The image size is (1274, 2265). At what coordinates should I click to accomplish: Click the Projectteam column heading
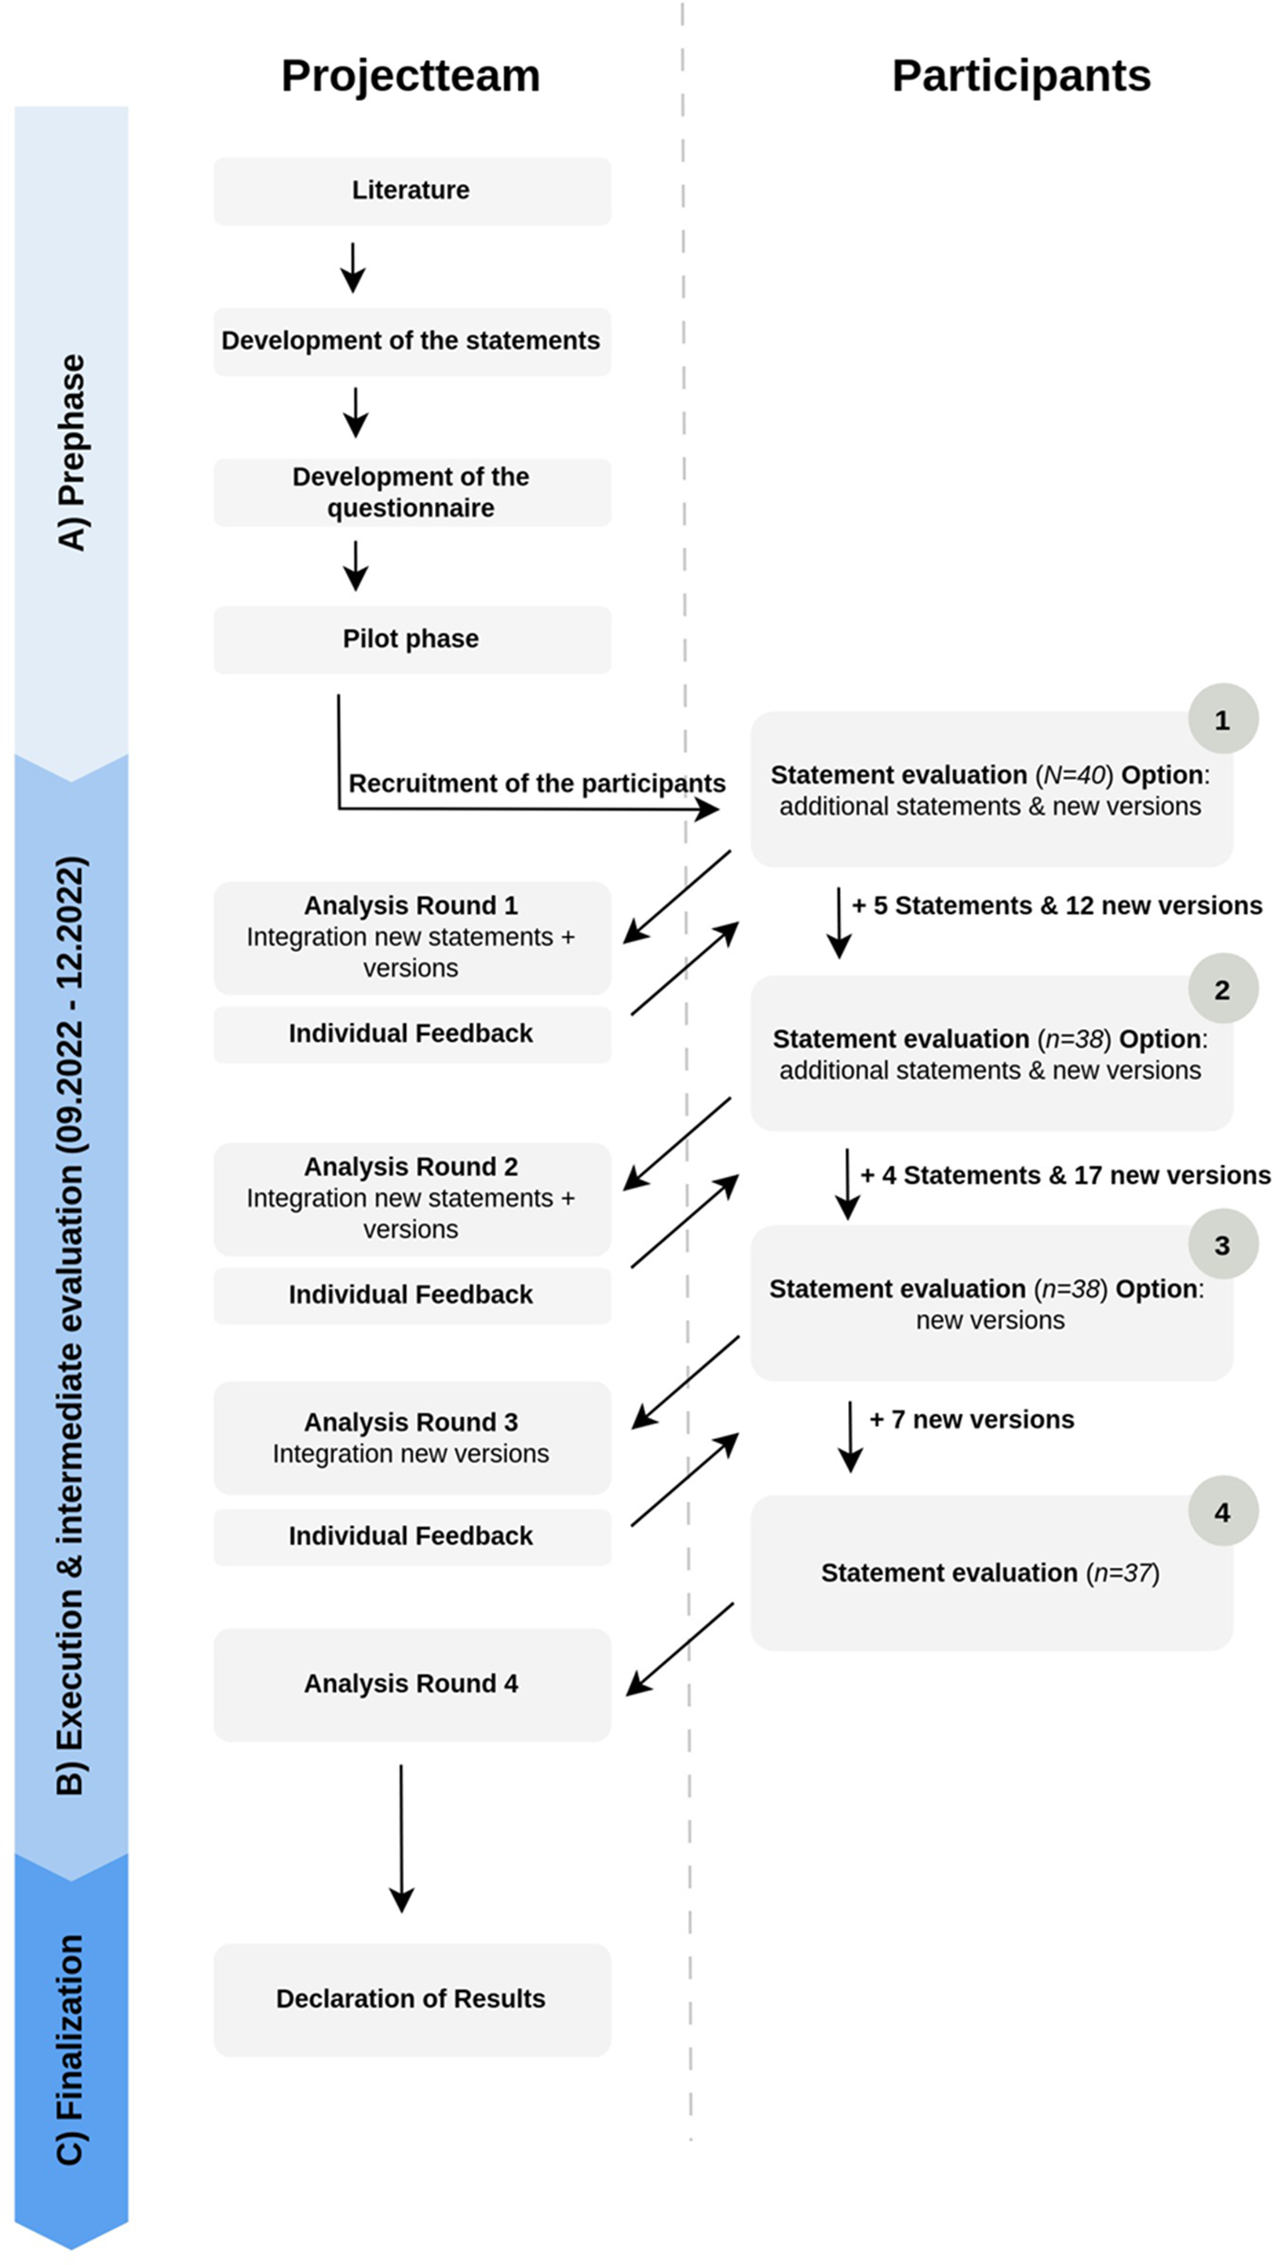click(x=410, y=75)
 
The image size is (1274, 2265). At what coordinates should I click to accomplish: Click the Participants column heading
click(x=1021, y=75)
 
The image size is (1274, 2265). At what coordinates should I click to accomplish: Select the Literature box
click(x=411, y=191)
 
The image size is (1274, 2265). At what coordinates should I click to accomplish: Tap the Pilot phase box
click(x=411, y=639)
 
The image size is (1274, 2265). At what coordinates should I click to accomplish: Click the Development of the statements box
click(x=411, y=341)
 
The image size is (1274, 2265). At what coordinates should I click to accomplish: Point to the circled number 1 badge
click(x=1222, y=720)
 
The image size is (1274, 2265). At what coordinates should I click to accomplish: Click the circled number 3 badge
click(x=1222, y=1245)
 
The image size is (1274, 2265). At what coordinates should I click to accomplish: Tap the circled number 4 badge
click(x=1222, y=1512)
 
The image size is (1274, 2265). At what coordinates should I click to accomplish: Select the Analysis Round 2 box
click(x=411, y=1198)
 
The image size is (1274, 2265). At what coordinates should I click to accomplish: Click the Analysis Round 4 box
click(x=411, y=1684)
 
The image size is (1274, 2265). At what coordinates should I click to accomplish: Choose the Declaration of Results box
click(x=411, y=1998)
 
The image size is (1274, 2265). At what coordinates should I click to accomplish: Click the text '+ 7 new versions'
click(x=971, y=1420)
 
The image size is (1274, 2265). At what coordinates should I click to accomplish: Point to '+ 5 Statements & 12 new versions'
click(x=1057, y=906)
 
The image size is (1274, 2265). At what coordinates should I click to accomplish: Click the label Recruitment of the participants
click(x=537, y=783)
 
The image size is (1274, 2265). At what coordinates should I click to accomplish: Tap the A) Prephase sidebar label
click(x=71, y=452)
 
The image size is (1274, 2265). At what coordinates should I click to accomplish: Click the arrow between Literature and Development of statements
click(x=353, y=267)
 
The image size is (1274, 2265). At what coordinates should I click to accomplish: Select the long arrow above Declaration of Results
click(x=401, y=1837)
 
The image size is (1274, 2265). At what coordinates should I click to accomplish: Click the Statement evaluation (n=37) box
click(x=990, y=1574)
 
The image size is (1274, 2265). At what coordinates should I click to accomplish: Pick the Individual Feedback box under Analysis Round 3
click(x=411, y=1536)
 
